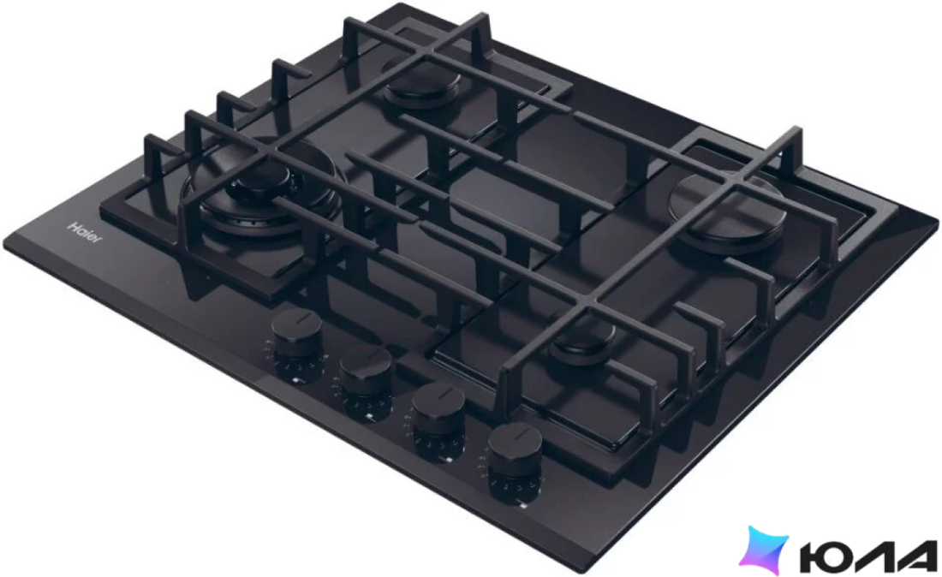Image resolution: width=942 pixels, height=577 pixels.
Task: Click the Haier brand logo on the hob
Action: click(85, 232)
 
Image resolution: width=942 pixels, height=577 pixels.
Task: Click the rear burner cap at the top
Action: click(421, 83)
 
